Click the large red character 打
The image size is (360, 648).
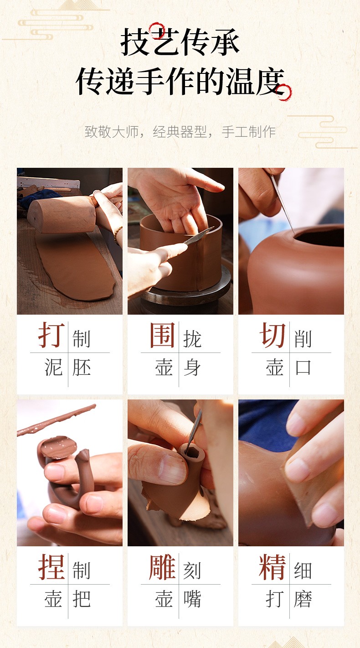(x=51, y=335)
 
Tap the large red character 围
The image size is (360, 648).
(x=162, y=335)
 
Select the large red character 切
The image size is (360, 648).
(x=273, y=335)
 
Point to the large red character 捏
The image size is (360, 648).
(x=51, y=567)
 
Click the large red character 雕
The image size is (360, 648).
(x=162, y=567)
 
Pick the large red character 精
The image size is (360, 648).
(x=273, y=567)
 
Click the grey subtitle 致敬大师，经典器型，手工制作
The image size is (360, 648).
(x=180, y=132)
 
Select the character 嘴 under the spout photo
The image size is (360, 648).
(x=192, y=599)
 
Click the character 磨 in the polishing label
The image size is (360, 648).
(x=303, y=599)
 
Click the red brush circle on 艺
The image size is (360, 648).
(x=157, y=31)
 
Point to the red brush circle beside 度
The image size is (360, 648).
(x=284, y=92)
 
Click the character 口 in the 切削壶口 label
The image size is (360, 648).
(x=303, y=368)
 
